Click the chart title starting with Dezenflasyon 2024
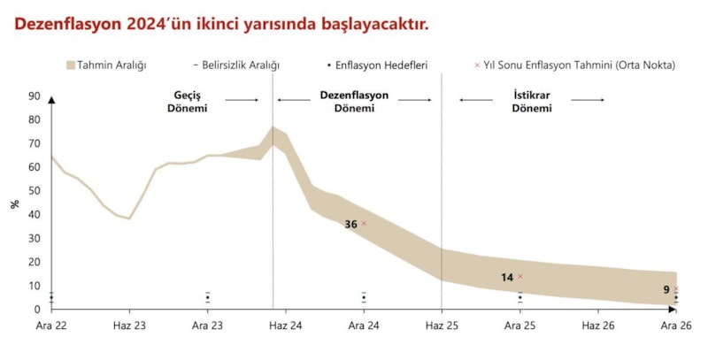pos(221,24)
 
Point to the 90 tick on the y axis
pos(35,96)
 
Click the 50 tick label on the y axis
pos(35,191)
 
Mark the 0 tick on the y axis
pos(37,310)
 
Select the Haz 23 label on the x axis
pos(129,326)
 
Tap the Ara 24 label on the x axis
pos(364,326)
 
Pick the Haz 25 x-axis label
pos(442,326)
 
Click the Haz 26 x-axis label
pos(597,326)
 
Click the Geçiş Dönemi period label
pos(188,102)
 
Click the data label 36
pos(350,225)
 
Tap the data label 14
pos(507,278)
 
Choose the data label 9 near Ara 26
pos(666,290)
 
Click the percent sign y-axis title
pos(15,204)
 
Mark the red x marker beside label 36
pos(364,223)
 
